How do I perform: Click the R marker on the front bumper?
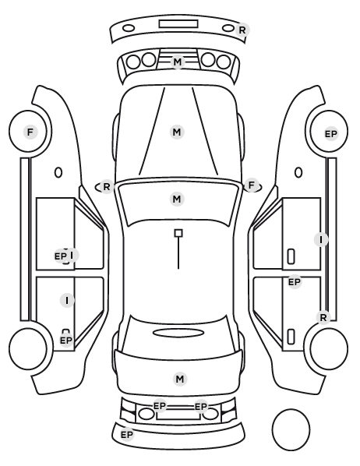click(x=242, y=30)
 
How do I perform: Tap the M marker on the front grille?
click(x=178, y=62)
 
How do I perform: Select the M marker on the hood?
click(x=177, y=132)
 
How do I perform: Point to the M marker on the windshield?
click(x=177, y=199)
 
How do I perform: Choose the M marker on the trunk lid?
click(x=180, y=380)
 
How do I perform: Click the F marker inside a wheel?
click(x=30, y=132)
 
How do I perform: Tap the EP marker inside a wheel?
click(x=331, y=134)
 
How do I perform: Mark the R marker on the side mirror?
click(x=107, y=187)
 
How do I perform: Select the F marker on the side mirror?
click(x=252, y=185)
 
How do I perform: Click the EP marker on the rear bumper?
click(x=127, y=435)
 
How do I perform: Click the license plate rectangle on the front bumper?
click(x=178, y=24)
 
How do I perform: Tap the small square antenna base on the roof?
click(x=178, y=233)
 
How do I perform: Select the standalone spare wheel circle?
click(x=291, y=429)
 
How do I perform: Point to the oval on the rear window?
click(x=178, y=333)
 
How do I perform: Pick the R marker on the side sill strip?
click(x=323, y=317)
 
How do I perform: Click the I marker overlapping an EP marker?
click(x=72, y=255)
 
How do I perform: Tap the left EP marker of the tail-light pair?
click(x=160, y=405)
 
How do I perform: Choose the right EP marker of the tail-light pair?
click(x=201, y=406)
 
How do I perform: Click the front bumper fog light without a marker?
click(x=129, y=29)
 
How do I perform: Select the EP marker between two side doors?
click(x=295, y=281)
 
